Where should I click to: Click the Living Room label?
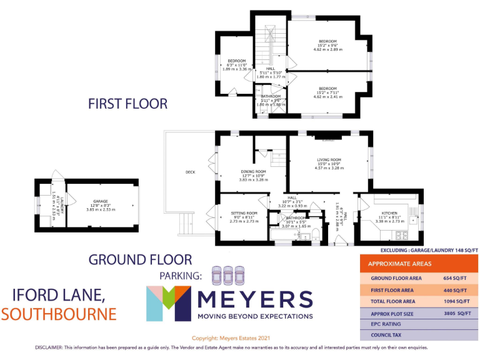pos(328,160)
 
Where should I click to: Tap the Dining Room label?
pos(254,171)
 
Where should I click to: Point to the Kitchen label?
pos(384,213)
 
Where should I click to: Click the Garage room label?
pos(92,201)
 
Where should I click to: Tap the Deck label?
pos(191,172)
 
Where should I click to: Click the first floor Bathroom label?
pos(271,96)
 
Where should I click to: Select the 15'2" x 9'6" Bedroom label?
pos(327,41)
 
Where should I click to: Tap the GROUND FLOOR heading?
pos(140,259)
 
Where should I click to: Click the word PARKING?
pos(180,276)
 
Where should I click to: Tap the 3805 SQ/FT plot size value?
pos(455,314)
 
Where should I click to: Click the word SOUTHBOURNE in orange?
pos(59,313)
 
